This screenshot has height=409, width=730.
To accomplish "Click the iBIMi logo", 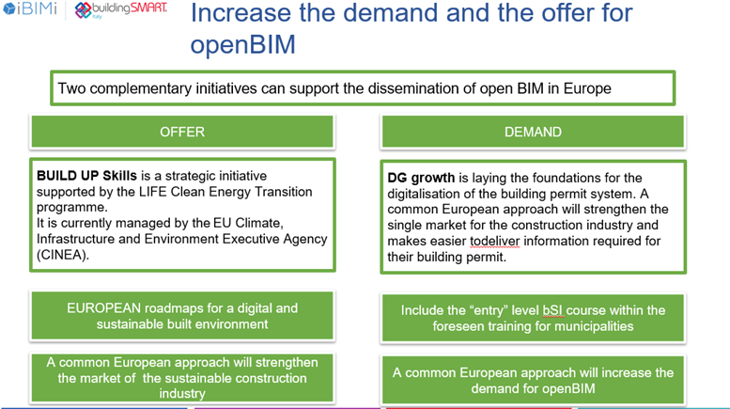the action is pos(30,8).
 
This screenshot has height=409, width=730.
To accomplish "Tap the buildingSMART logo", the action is pos(120,9).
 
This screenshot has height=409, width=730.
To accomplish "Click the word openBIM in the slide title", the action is pos(243,44).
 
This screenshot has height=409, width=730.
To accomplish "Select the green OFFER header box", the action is pos(182,132).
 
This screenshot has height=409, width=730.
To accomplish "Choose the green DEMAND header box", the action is pos(533,132).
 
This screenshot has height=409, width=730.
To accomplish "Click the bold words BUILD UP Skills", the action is pos(86,176).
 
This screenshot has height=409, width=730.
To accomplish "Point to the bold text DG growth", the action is pos(421,178).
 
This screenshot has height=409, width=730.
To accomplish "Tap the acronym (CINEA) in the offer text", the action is pos(63,255).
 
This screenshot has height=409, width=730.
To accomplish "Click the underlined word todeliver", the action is pos(494,241).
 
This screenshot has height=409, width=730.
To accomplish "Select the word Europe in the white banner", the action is pos(587,88).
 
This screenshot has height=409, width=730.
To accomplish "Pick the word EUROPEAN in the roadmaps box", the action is pos(104,307).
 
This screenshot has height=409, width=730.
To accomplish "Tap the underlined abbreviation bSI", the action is pos(552,310).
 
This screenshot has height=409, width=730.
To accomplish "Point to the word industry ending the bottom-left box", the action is pos(182,394).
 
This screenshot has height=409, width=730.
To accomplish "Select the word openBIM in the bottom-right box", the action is pos(566,388).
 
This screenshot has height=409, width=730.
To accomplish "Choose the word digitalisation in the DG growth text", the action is pos(426,194).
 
